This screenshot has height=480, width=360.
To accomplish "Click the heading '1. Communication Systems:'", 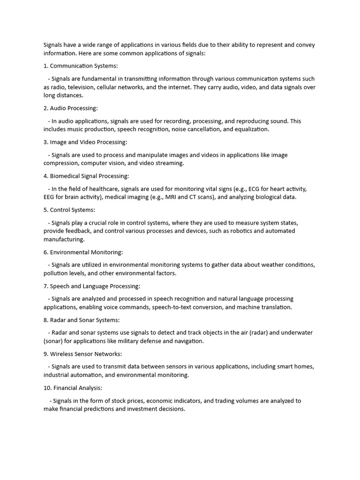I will [x=81, y=66].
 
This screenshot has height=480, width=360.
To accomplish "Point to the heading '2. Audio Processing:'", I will [x=70, y=108].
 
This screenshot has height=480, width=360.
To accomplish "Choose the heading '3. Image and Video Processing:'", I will [x=85, y=142].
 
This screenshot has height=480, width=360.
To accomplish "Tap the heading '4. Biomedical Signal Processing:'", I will [x=86, y=176].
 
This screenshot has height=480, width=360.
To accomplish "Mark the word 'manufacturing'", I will [x=64, y=240].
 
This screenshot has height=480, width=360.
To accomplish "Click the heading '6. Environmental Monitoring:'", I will [x=83, y=252].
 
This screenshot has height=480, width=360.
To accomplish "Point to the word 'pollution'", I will [x=56, y=273].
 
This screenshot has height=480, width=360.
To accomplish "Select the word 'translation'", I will [x=275, y=307].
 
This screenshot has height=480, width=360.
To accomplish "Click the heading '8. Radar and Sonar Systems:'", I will [x=82, y=320].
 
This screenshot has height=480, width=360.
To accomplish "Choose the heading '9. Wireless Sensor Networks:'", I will [x=82, y=354].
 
